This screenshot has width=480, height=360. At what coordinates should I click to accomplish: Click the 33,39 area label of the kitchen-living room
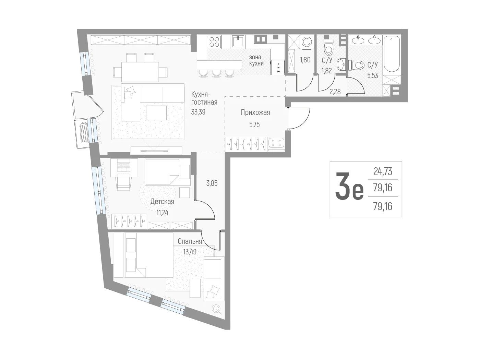pos(198,112)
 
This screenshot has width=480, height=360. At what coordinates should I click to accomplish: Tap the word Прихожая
pos(255,112)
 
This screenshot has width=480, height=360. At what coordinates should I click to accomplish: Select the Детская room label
pos(162,202)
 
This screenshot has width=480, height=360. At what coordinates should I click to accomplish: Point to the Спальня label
pos(190,241)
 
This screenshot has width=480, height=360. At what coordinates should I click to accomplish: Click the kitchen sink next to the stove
pos(239,41)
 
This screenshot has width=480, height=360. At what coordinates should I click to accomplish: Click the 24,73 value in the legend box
pos(383,171)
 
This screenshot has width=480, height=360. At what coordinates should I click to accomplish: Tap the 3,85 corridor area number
pos(212,183)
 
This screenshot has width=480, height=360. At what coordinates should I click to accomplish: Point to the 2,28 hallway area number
pos(335,92)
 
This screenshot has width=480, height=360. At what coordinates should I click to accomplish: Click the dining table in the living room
pos(140,72)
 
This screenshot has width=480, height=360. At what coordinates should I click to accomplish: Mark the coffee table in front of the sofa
pos(156,113)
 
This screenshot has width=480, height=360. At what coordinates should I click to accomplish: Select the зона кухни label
pos(256,60)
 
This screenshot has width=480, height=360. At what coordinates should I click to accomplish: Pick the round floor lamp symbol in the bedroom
pos(216,309)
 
